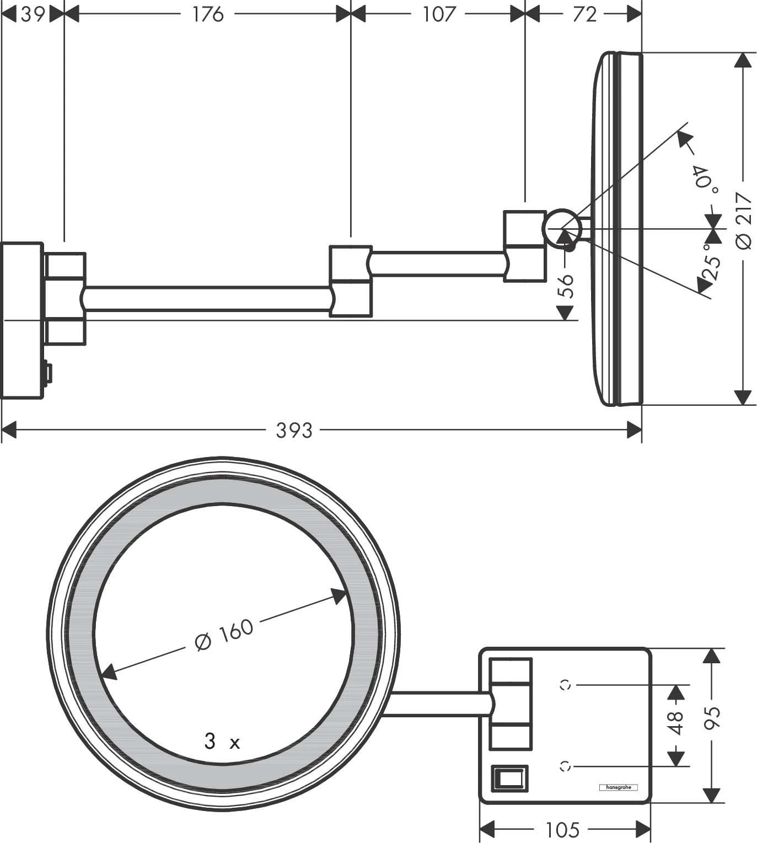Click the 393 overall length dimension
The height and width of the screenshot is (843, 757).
294,429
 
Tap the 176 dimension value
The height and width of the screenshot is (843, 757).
208,14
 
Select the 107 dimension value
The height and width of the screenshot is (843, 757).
438,14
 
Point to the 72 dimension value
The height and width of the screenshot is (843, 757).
584,14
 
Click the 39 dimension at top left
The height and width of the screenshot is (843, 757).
33,14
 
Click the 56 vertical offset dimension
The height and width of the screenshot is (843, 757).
566,285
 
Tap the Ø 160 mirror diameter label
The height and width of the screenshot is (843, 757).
224,635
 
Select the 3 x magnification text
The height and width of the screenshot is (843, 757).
222,742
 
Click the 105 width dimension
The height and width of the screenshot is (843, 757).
562,829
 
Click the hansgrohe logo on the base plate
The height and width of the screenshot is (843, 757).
618,787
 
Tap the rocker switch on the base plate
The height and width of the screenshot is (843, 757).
509,778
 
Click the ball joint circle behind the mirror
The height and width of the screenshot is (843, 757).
562,228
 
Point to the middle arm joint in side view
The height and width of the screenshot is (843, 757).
351,281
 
